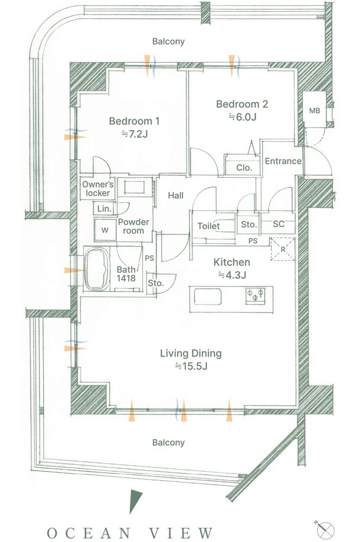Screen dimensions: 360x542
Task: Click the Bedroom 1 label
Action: coord(134,121)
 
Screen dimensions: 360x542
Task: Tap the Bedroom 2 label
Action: coord(242,104)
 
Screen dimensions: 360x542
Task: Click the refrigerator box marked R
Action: coord(283,249)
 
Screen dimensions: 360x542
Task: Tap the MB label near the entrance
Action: coord(315,110)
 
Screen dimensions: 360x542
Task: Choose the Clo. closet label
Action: coord(244,168)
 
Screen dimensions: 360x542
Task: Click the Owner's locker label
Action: coord(98,189)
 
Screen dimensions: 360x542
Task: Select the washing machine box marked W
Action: coord(105,230)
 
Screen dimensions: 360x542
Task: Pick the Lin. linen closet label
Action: coord(104,209)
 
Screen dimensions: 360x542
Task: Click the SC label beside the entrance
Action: coord(279,224)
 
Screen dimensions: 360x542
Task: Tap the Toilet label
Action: coord(208,226)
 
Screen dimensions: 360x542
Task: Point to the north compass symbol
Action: coord(325,529)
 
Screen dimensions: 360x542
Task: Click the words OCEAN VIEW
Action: coord(130,533)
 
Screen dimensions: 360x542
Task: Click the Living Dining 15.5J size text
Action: coord(191,366)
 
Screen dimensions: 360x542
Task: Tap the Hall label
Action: coord(175,195)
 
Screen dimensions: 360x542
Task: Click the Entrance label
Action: coord(283,161)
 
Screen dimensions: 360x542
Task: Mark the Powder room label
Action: coord(133,226)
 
